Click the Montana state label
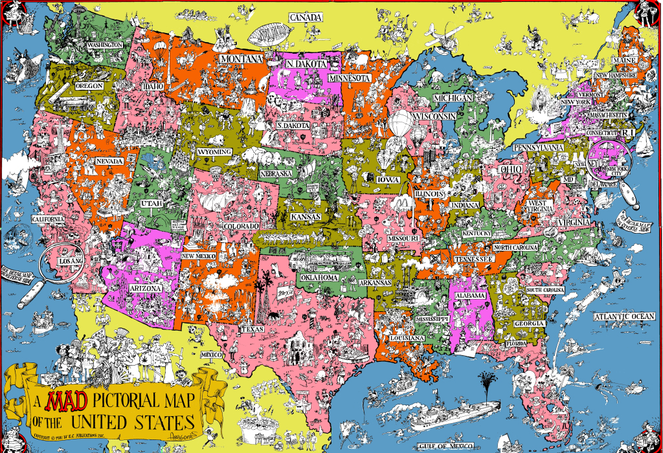[242, 59]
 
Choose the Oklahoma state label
[318, 278]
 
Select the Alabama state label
[469, 296]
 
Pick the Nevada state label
[109, 161]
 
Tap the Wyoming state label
[214, 152]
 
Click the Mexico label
[211, 355]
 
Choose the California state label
[48, 219]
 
